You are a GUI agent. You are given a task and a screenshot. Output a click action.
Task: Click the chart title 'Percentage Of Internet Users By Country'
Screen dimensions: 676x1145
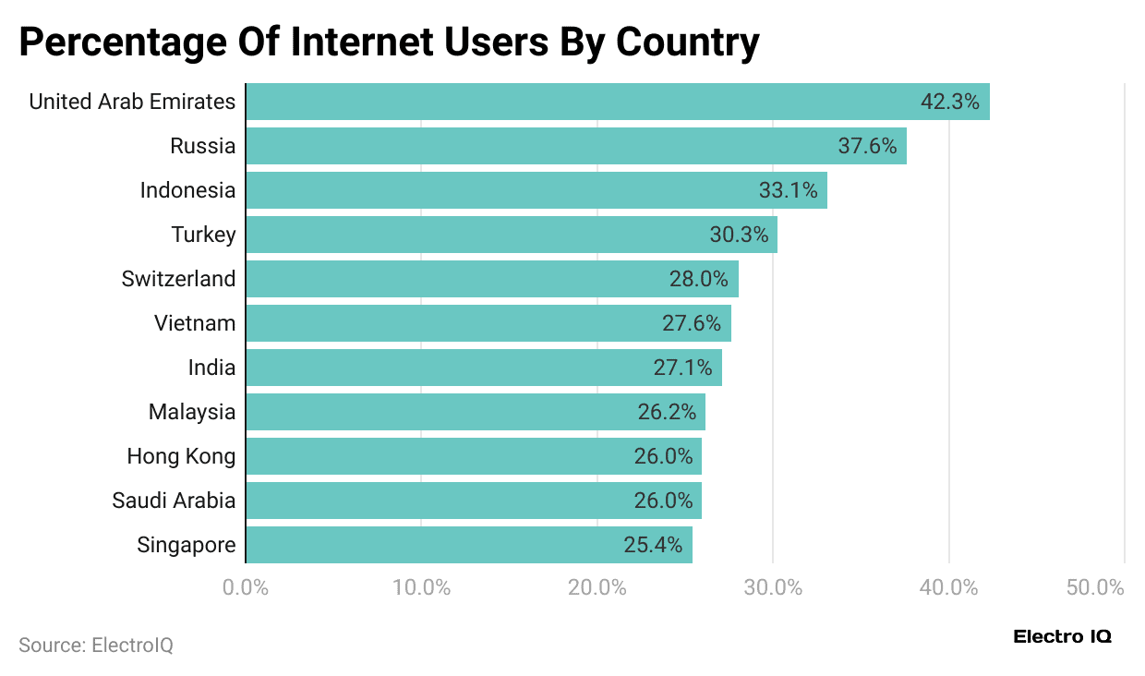point(389,42)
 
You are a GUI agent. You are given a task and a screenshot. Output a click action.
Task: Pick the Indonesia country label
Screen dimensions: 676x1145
point(187,190)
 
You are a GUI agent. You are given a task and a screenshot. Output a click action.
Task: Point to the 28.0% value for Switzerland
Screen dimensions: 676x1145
point(698,279)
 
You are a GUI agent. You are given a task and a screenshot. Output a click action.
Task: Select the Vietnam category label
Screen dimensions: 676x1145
point(195,323)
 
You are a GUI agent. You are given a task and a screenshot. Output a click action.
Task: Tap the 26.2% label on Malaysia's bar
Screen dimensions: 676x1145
point(667,412)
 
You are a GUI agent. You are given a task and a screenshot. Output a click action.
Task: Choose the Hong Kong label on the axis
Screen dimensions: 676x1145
point(181,456)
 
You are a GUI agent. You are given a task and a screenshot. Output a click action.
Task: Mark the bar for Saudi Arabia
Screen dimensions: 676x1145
point(473,501)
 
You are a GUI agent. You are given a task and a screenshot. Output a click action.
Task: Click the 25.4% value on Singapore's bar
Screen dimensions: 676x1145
point(653,545)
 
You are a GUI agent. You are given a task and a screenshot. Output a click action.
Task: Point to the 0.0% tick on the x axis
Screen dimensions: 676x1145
point(246,587)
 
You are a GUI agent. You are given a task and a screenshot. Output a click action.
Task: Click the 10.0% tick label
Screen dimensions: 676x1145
point(421,587)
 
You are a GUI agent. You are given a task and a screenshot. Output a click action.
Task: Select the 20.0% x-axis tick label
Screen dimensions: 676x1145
point(597,587)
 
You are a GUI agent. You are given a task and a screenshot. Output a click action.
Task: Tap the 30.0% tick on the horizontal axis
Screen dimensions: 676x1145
point(773,587)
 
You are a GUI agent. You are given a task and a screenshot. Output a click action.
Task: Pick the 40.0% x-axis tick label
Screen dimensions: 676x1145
point(948,587)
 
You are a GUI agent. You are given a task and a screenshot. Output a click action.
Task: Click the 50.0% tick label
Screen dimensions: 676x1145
point(1095,587)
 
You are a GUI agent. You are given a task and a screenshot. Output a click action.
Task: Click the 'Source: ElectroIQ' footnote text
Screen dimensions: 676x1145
point(96,646)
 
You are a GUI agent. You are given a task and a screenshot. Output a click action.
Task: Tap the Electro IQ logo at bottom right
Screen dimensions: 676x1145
point(1062,636)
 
